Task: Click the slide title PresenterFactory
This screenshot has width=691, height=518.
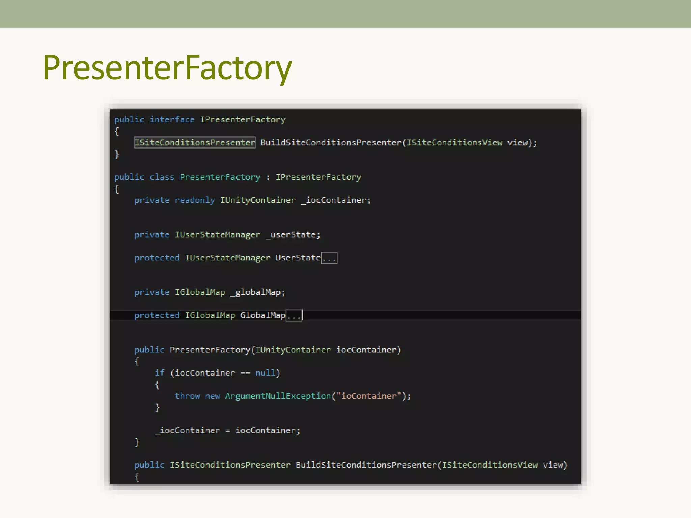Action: coord(167,67)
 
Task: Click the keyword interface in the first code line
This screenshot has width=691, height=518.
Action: coord(172,119)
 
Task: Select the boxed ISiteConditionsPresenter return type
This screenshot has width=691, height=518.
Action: coord(195,142)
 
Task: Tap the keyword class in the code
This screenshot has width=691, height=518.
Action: coord(162,177)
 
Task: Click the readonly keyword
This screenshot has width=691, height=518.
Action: coord(195,200)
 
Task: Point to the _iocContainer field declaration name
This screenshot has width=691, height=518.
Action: coord(336,200)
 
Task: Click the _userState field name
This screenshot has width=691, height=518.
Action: coord(292,235)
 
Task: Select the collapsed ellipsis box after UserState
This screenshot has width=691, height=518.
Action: coord(329,258)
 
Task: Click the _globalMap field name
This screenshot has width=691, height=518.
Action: coord(257,292)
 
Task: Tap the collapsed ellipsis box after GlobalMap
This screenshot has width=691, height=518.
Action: coord(294,316)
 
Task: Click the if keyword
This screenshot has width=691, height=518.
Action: coord(160,373)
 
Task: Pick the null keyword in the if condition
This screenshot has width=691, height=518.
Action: coord(265,373)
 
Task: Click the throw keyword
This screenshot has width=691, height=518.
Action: coord(187,396)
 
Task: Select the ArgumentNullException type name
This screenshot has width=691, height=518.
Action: coord(278,396)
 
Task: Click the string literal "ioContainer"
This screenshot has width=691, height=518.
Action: coord(369,396)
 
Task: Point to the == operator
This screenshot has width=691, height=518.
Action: coord(245,373)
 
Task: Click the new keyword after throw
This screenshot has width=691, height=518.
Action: coord(213,396)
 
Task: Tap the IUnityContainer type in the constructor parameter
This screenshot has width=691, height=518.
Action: coord(293,350)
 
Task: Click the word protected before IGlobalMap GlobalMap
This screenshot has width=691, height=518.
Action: coord(157,315)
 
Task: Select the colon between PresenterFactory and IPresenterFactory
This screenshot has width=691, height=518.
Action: coord(268,177)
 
